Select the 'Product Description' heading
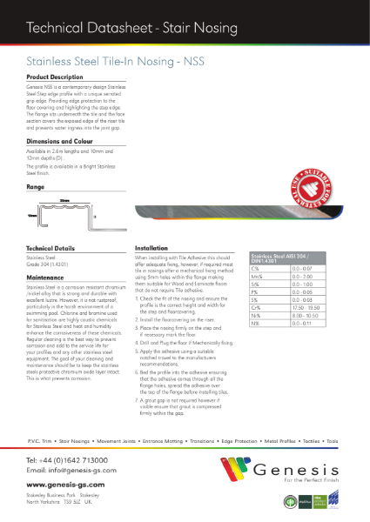point(52,77)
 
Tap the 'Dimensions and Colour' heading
point(59,142)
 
